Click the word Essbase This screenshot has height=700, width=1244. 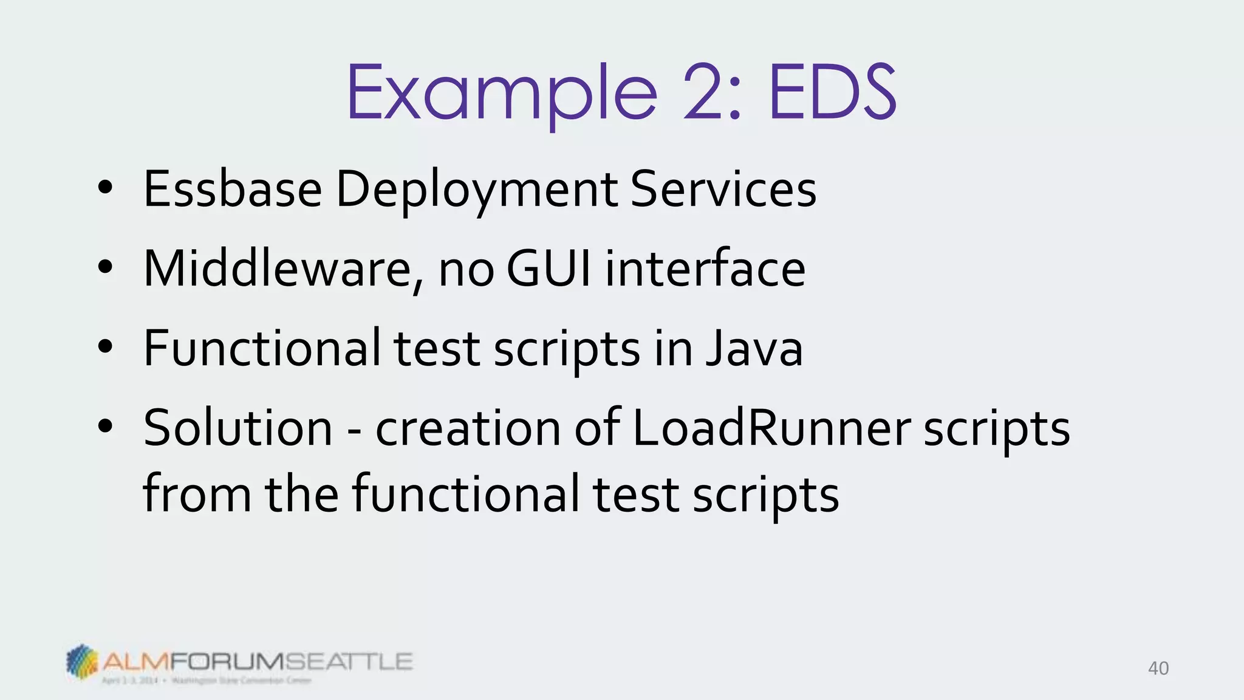click(x=232, y=190)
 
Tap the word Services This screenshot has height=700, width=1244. click(x=723, y=190)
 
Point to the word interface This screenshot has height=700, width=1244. click(x=705, y=269)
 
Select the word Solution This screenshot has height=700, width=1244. click(x=238, y=428)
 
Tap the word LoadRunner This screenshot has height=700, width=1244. click(x=771, y=428)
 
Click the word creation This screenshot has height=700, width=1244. click(x=468, y=428)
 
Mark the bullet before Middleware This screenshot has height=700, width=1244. click(x=105, y=268)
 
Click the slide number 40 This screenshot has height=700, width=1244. click(x=1158, y=668)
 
